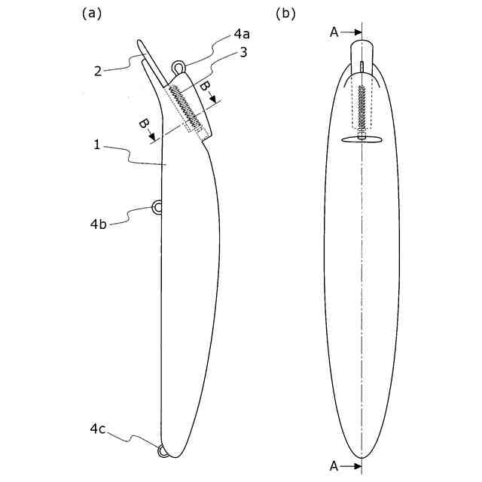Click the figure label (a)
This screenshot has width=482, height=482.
[x=92, y=13]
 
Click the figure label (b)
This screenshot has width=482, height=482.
[x=286, y=13]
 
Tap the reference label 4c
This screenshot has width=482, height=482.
[x=98, y=429]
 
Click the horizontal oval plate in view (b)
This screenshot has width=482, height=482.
[x=361, y=139]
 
